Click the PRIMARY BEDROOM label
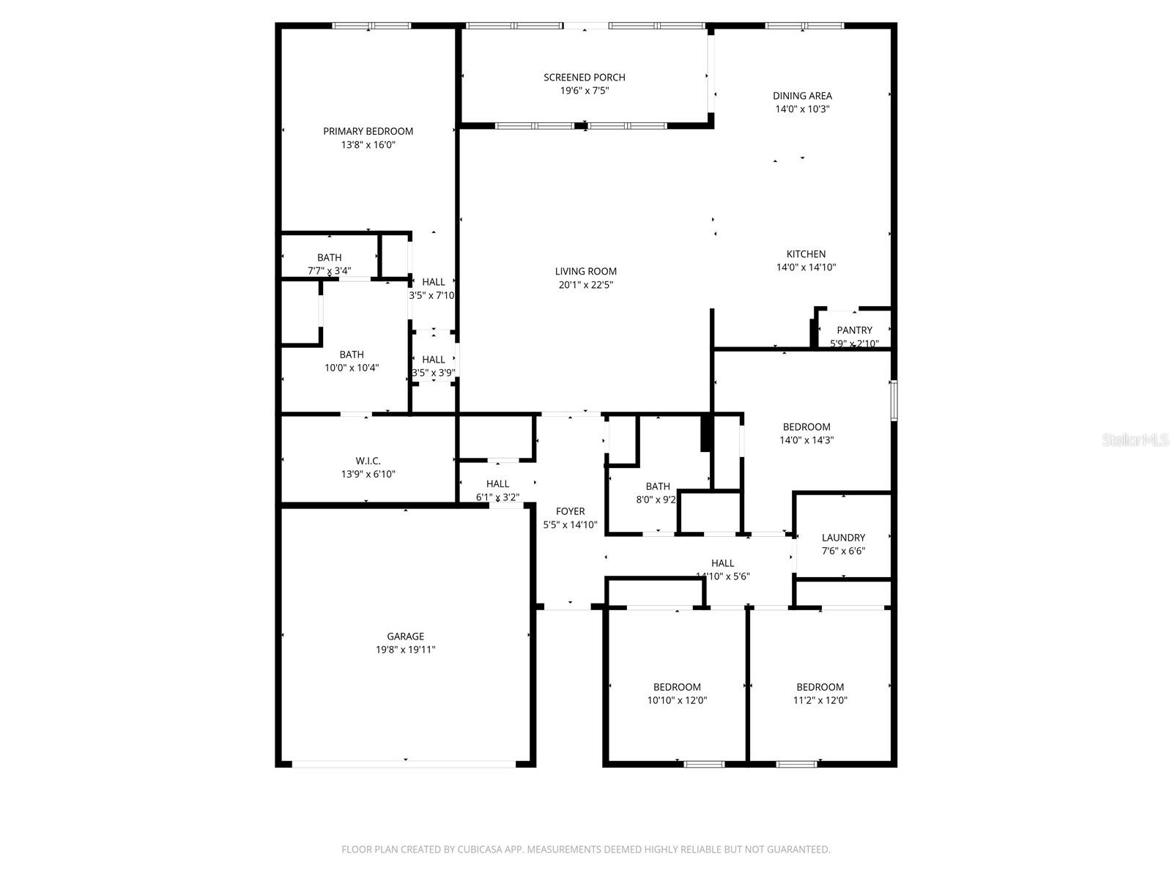click(x=368, y=131)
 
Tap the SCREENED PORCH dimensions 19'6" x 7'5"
click(x=584, y=91)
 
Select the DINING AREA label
click(x=802, y=95)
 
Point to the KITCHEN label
click(x=806, y=254)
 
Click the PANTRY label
click(x=854, y=330)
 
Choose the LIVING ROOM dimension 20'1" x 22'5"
click(x=585, y=285)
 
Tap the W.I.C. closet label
click(x=368, y=461)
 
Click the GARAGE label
click(x=405, y=637)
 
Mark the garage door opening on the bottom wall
click(x=404, y=764)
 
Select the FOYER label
click(x=570, y=511)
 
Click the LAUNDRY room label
click(x=843, y=538)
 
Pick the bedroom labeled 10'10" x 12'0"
click(x=677, y=693)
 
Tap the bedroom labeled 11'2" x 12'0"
click(x=820, y=693)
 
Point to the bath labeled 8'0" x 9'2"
click(x=658, y=493)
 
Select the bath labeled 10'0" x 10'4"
click(x=352, y=361)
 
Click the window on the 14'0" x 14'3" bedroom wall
click(x=894, y=400)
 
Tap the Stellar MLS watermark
click(x=1135, y=440)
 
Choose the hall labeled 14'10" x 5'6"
click(x=722, y=569)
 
